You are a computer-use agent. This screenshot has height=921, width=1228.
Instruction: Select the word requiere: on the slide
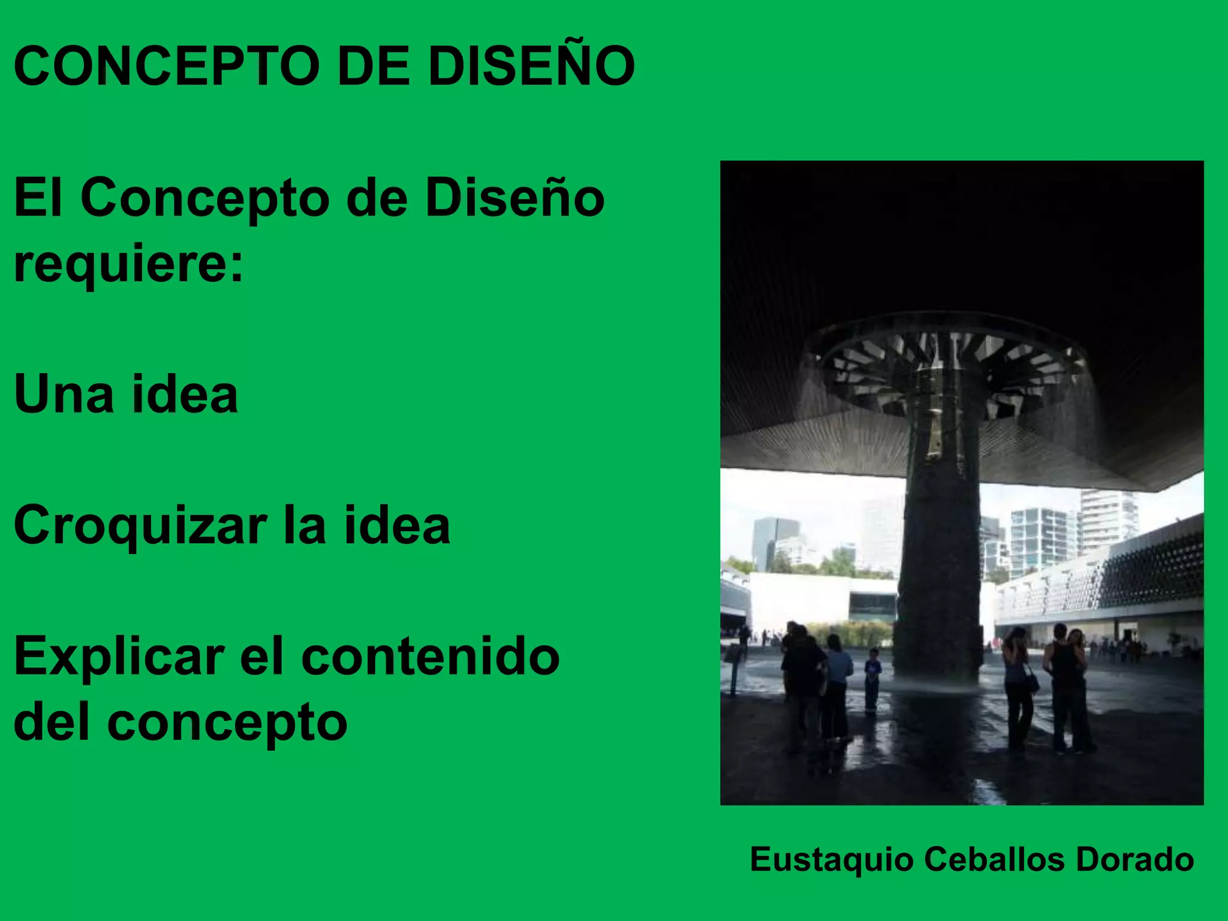[129, 264]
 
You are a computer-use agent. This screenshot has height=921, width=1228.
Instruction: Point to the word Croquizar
[140, 526]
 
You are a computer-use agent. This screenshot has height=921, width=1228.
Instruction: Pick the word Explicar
[119, 657]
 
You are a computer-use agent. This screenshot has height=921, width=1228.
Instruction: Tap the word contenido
[431, 657]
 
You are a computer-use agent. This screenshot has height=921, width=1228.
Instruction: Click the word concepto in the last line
[227, 723]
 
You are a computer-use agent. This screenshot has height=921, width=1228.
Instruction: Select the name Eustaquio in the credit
[832, 859]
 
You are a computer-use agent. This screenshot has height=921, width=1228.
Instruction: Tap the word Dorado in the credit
[1134, 859]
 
